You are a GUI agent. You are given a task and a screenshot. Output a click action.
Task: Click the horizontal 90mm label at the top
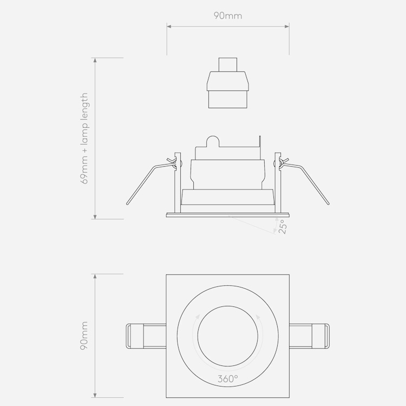[x=228, y=16]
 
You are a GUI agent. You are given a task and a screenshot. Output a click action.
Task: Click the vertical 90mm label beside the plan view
[x=84, y=336]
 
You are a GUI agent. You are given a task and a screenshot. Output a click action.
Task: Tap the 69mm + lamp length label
[x=84, y=138]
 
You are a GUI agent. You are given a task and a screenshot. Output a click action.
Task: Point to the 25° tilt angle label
[x=283, y=227]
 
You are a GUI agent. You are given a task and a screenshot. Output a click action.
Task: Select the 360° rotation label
[x=227, y=379]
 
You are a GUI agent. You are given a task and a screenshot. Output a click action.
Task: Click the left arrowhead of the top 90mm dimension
[x=169, y=26]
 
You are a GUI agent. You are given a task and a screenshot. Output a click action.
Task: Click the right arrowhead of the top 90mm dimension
[x=286, y=26]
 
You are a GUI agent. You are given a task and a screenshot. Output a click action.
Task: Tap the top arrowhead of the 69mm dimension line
[x=95, y=60]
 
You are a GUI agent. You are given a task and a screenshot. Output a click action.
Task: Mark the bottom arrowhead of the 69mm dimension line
[x=95, y=217]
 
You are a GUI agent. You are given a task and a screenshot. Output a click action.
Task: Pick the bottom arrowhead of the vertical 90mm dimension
[x=95, y=395]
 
